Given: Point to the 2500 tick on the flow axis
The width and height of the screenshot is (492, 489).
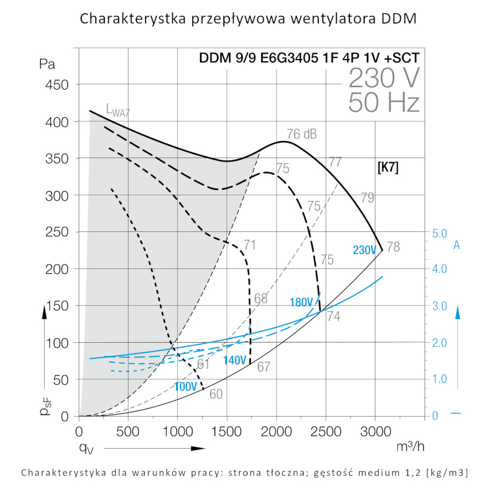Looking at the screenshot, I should click(325, 432).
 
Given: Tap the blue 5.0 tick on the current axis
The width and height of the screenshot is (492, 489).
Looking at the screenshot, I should click(438, 233).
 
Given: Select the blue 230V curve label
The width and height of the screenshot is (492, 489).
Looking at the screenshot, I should click(365, 250).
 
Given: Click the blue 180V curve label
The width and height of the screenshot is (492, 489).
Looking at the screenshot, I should click(302, 302).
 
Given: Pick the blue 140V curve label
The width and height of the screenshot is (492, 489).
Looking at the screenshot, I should click(234, 360).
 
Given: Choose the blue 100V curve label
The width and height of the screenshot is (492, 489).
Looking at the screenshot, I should click(185, 386).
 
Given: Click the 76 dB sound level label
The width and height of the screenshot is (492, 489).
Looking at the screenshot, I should click(302, 134).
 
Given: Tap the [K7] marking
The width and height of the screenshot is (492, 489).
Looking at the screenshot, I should click(388, 167).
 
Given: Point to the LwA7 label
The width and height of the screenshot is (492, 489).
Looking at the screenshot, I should click(118, 109).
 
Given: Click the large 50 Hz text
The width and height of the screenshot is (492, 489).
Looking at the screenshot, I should click(384, 103).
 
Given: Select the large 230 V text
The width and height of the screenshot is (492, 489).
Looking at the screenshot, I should click(384, 78).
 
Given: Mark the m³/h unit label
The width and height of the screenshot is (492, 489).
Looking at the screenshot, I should click(410, 446).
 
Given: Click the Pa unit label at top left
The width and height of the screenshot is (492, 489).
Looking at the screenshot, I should click(47, 64).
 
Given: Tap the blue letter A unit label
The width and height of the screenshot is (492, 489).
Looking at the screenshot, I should click(456, 245).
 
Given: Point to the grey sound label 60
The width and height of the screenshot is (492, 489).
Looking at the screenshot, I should click(216, 394).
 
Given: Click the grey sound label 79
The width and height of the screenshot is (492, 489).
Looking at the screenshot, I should click(367, 198).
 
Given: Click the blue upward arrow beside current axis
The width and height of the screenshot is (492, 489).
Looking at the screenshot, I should click(458, 315).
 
